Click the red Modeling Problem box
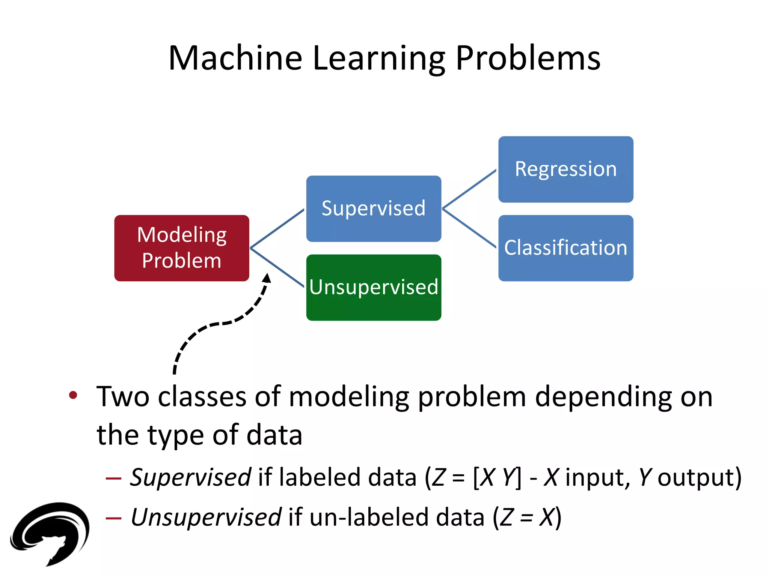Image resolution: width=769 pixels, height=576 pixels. pyautogui.click(x=182, y=248)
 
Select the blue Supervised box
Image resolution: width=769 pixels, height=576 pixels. pyautogui.click(x=374, y=208)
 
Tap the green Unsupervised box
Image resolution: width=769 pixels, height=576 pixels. pyautogui.click(x=374, y=288)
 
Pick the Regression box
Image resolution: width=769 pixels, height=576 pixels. pyautogui.click(x=565, y=169)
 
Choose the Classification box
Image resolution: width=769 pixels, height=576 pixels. pyautogui.click(x=565, y=248)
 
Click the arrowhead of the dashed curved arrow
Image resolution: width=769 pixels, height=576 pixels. pyautogui.click(x=267, y=278)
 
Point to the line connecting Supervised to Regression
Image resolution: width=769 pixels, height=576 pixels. pyautogui.click(x=469, y=189)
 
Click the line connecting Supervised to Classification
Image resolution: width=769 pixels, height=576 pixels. pyautogui.click(x=469, y=228)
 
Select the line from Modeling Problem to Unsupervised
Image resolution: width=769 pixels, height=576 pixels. pyautogui.click(x=277, y=268)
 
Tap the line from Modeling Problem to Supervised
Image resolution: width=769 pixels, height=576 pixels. pyautogui.click(x=277, y=228)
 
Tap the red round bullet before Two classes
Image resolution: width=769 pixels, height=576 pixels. pyautogui.click(x=73, y=395)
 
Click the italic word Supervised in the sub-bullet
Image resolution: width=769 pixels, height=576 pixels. pyautogui.click(x=190, y=477)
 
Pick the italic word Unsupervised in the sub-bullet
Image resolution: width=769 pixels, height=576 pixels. pyautogui.click(x=206, y=517)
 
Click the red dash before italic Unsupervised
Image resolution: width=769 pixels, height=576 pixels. pyautogui.click(x=113, y=518)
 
